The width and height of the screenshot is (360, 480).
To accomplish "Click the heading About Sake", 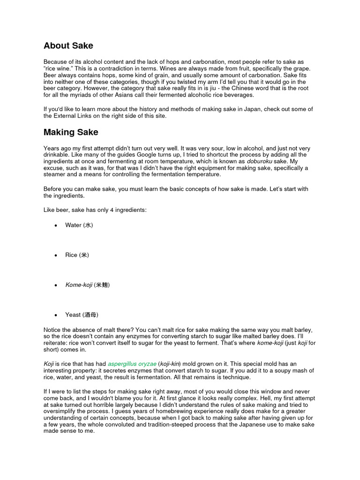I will (68, 45).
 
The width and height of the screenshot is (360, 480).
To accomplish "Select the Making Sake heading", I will (71, 132).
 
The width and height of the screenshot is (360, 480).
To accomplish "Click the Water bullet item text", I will (79, 225).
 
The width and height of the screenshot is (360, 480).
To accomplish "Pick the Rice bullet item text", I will (77, 255).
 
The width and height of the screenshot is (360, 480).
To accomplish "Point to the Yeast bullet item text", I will (82, 315).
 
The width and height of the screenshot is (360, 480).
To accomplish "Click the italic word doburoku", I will (262, 161).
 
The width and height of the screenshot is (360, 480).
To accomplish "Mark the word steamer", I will (57, 174).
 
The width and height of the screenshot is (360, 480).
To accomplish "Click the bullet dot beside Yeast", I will (56, 315).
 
